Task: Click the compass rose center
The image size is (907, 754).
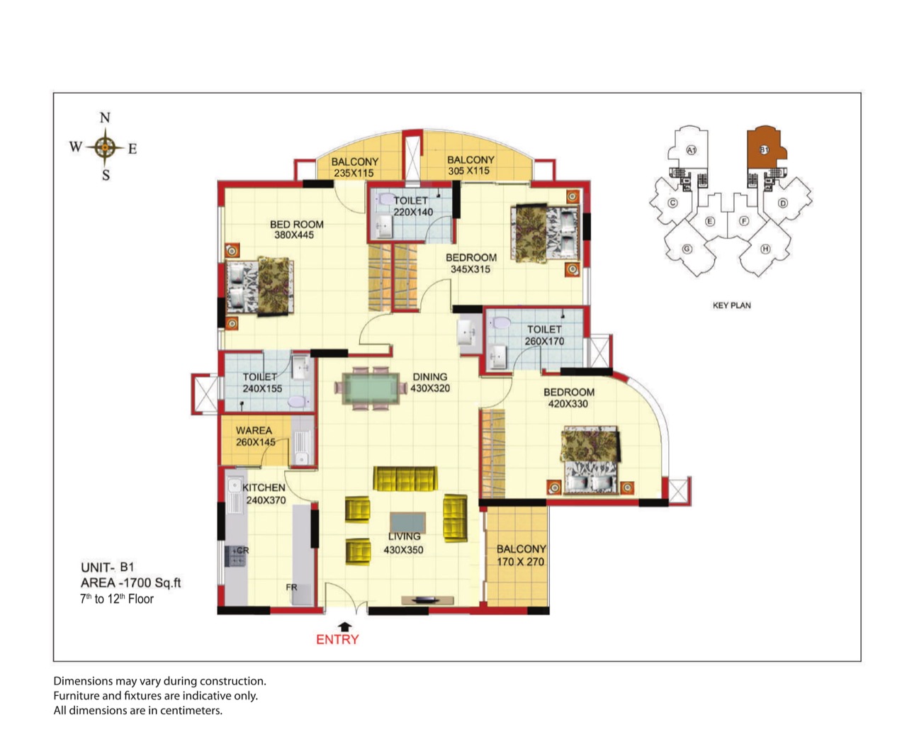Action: pos(105,147)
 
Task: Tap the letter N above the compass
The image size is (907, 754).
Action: pos(105,117)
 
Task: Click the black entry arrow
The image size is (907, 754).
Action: pos(345,626)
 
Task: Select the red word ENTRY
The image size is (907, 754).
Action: pos(337,639)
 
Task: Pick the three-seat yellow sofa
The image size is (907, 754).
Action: pos(405,479)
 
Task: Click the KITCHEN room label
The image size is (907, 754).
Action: pos(264,488)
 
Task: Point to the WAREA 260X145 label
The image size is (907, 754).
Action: pos(255,436)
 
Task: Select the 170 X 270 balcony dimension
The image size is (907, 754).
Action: pos(520,561)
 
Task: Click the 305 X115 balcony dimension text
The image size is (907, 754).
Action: pos(468,171)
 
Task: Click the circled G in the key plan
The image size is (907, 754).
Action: pos(687,249)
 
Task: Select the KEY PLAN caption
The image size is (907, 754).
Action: pos(731,305)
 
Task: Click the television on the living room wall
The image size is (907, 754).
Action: pos(427,600)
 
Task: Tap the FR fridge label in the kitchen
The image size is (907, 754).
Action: pos(291,587)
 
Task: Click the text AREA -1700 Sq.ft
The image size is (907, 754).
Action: pos(131,583)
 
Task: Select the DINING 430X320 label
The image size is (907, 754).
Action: pos(430,383)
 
